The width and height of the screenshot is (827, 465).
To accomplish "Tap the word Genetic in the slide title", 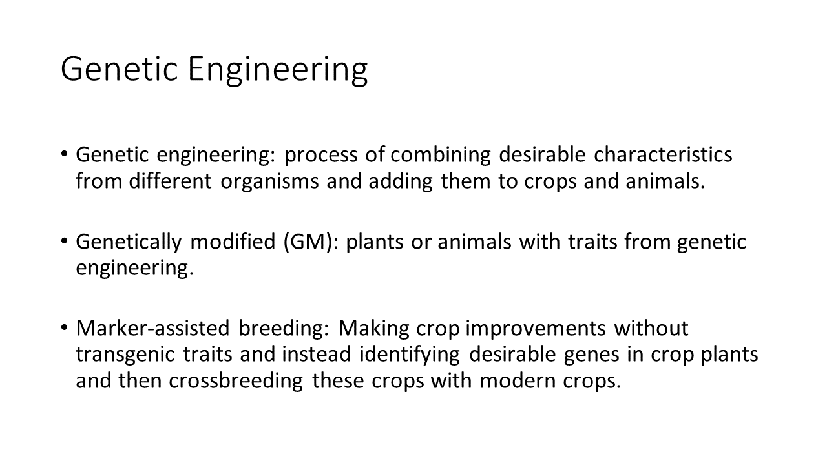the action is coord(120,68).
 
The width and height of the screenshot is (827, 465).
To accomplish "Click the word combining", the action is coord(441,155).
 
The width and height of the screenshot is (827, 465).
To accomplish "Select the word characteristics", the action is coord(663,154).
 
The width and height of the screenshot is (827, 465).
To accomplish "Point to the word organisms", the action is coord(269,181).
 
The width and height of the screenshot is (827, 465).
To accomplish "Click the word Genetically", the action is coord(129,242).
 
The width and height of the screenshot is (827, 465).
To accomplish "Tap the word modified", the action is coord(233,242).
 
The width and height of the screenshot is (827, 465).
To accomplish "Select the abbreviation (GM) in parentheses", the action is coord(308,242).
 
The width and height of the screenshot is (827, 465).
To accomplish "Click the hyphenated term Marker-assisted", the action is coord(152,328).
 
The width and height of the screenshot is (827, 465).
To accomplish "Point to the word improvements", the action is coord(536,329).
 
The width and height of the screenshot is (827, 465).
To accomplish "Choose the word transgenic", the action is coord(125,355).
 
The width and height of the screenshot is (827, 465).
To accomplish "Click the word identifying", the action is coord(410,355).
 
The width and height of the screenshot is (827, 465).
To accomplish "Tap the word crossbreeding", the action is coord(236,381).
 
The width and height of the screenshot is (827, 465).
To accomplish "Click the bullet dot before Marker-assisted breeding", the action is coord(64,327).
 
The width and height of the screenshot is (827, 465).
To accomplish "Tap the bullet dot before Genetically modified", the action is coord(64,242).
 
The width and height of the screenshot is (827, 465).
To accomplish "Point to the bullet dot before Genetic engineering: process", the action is coord(64,154).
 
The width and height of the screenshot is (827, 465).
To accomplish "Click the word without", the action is coord(651,328).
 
